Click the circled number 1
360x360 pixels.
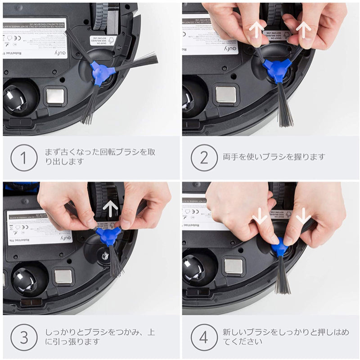(24, 157)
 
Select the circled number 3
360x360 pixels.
(24, 337)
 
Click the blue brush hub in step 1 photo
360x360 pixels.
(100, 72)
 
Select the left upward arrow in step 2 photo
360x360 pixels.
(257, 30)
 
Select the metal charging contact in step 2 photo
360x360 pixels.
(225, 95)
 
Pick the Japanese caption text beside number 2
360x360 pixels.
(274, 157)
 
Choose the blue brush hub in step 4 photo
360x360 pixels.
(280, 247)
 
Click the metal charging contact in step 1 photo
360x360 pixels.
(55, 96)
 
